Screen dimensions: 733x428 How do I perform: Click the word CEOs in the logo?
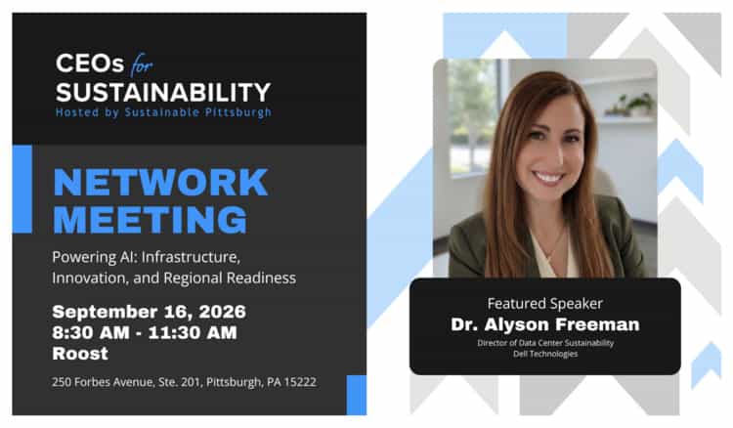90,64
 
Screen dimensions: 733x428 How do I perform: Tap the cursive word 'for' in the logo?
142,64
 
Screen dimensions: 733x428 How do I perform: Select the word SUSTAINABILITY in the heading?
163,92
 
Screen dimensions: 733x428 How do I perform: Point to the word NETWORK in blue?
161,182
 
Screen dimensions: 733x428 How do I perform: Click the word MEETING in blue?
151,219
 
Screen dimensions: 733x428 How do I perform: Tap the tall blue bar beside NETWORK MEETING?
22,190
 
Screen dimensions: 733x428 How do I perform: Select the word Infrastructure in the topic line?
191,257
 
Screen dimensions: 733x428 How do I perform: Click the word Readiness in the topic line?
261,278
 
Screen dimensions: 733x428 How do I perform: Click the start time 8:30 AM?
91,332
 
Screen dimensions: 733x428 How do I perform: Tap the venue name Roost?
80,354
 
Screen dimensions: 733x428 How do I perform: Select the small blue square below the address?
356,395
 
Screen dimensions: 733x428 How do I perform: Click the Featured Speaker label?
545,304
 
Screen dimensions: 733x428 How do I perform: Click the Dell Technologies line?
545,354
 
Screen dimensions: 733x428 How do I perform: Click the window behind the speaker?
472,117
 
